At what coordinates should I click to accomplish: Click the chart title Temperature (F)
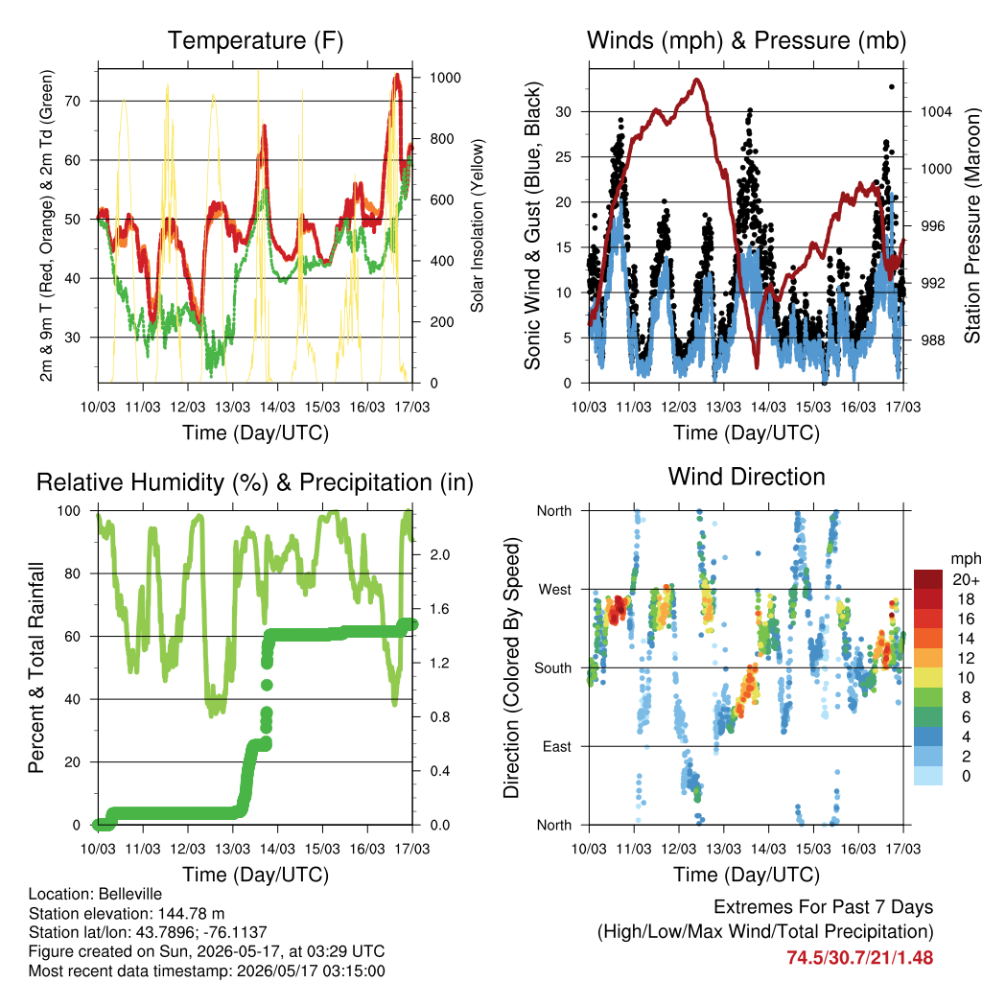pos(255,40)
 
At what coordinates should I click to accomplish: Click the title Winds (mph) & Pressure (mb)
pos(746,40)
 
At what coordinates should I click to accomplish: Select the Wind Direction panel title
pos(746,477)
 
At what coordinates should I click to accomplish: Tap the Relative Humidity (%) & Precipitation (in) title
pos(255,483)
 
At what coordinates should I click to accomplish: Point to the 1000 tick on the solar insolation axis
pos(445,78)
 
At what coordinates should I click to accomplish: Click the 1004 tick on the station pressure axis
pos(936,112)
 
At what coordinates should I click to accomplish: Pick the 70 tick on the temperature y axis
pos(73,101)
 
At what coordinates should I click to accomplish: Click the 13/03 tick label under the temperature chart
pos(232,407)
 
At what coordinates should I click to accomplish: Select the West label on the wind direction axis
pos(555,590)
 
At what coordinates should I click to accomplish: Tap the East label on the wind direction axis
pos(557,746)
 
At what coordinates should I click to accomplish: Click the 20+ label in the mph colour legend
pos(966,580)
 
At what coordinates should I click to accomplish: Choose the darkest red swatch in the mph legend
pos(928,579)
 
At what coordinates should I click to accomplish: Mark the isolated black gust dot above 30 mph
pos(892,87)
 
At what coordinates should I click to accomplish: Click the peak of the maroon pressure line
pos(696,80)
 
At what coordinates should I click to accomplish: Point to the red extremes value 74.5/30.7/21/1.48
pos(860,958)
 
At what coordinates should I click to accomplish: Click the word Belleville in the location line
pos(130,894)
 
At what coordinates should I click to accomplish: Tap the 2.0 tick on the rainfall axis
pos(439,555)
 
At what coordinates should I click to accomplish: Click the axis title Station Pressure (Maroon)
pos(971,225)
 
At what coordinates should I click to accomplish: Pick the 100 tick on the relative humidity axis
pos(69,511)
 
